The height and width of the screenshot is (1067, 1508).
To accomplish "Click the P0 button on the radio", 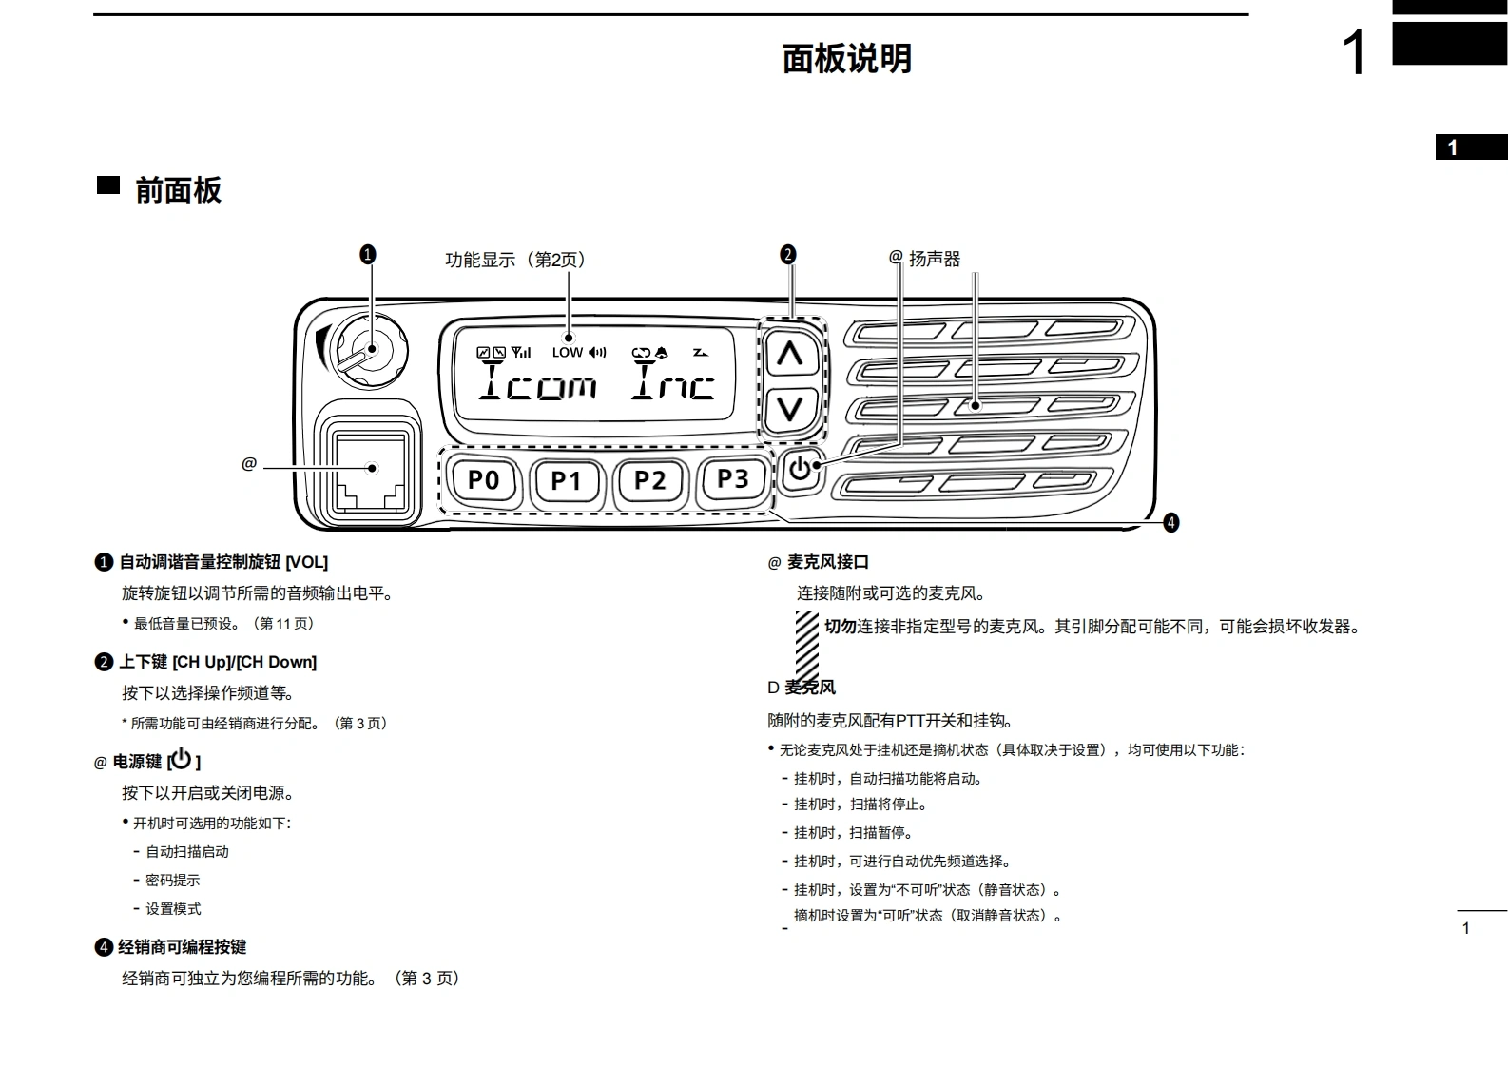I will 483,480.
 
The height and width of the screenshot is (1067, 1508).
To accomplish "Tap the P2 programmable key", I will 649,480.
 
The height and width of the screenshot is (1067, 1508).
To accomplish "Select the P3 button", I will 732,479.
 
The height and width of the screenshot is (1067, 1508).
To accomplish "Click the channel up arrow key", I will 790,355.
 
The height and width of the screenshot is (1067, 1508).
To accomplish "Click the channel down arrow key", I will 790,409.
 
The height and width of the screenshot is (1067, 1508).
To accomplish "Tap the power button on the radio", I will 801,470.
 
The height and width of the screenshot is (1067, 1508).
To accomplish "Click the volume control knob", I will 369,350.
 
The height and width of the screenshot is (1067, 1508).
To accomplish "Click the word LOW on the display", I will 567,353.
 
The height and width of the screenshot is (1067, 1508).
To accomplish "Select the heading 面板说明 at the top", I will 846,59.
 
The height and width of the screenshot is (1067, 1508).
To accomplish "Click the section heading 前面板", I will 178,190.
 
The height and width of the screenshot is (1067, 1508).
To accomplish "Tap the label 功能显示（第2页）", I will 516,260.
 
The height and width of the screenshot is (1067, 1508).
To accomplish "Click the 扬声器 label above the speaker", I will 935,259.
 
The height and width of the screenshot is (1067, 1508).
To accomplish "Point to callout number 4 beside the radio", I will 1171,522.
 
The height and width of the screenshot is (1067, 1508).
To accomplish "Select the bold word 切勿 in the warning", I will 841,627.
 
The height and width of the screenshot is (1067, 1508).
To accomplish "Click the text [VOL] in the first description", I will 306,562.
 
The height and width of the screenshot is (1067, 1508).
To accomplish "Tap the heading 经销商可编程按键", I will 182,947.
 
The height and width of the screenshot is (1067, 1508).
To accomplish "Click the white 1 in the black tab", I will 1452,147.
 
